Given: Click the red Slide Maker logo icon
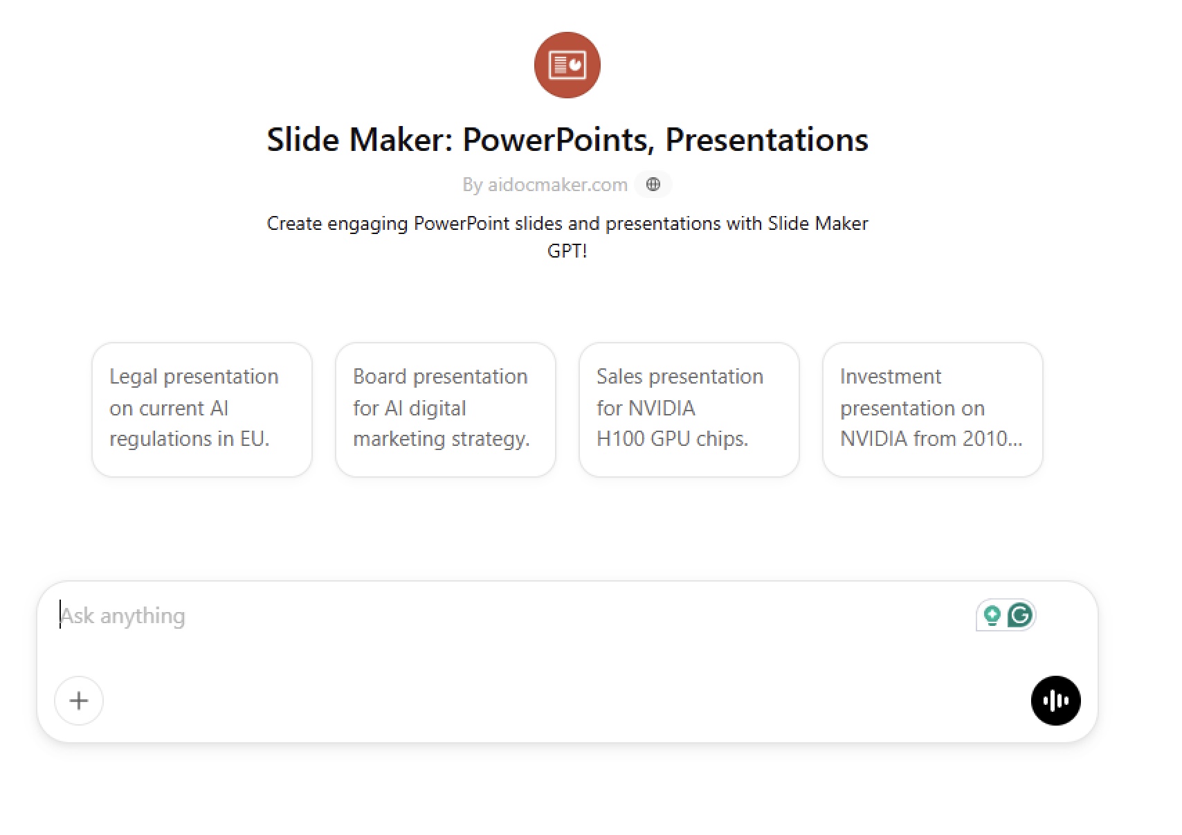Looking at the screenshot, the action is coord(567,65).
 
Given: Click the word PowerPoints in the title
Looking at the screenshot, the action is coord(558,140).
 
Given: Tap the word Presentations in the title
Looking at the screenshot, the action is coord(767,140).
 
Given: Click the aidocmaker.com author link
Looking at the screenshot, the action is coord(557,185).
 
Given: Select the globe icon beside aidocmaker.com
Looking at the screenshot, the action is coord(653,184).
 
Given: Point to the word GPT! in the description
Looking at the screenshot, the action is coord(567,251).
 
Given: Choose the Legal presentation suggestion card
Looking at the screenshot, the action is coord(202,410).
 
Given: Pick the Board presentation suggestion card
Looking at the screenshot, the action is coord(446,410).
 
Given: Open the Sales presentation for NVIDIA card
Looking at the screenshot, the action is coord(689,410).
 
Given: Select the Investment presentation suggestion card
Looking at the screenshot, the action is coord(932,410).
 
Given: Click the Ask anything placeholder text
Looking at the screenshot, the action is coord(122,616).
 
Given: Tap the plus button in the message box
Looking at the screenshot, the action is coord(79,701).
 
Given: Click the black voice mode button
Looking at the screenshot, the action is coord(1056,701).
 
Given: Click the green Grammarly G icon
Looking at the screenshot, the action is coord(1020,615).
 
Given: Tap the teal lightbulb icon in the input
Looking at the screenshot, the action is coord(992,616).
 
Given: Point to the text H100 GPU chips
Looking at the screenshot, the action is coord(672,439).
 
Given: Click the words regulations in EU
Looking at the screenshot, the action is coord(190,439).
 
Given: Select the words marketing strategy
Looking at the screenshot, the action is coord(441,439).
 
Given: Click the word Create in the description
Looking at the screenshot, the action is coord(294,224).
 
